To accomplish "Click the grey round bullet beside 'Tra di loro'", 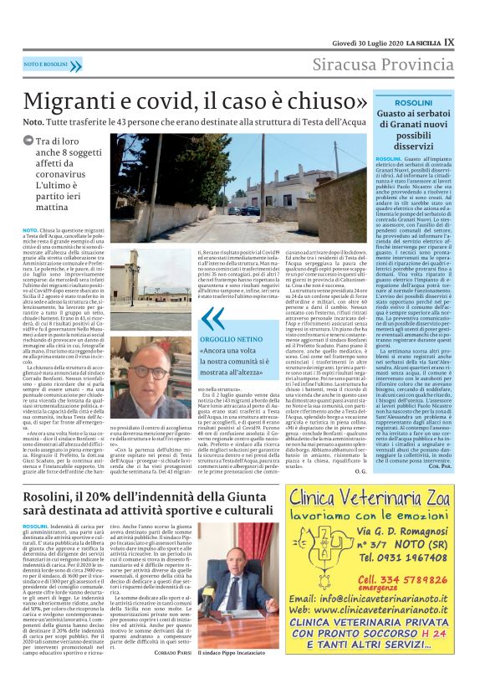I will pyautogui.click(x=28, y=143).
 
